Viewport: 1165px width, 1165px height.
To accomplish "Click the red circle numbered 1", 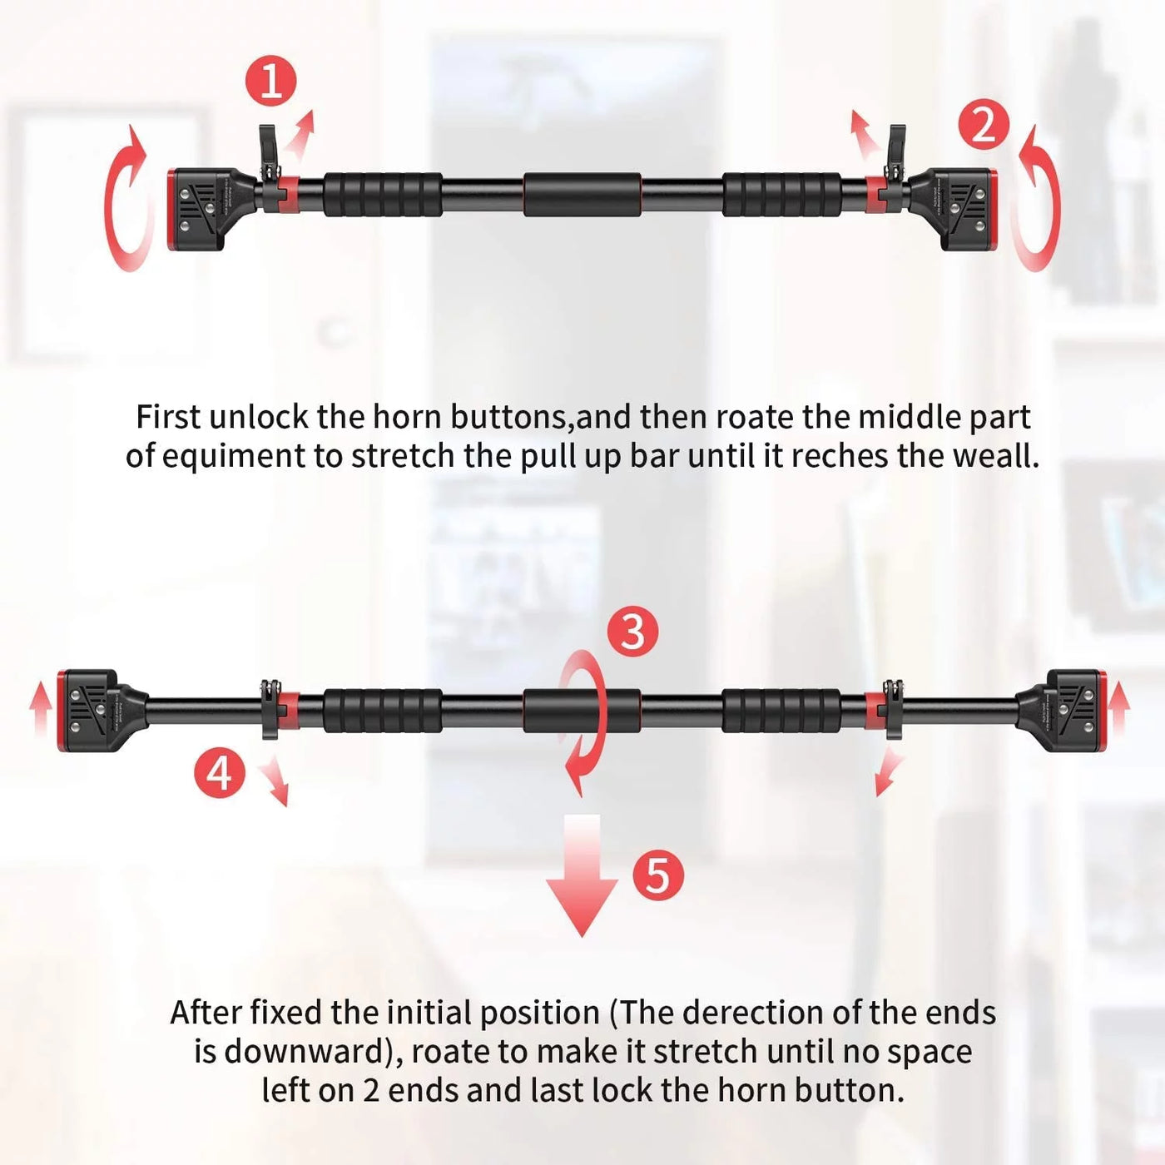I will [x=271, y=82].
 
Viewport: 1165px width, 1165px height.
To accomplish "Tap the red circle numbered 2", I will [x=984, y=126].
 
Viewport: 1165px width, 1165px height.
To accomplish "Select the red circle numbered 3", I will [x=632, y=632].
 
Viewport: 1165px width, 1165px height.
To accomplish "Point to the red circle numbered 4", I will [x=219, y=772].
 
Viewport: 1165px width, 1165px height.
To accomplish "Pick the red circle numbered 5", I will [x=657, y=875].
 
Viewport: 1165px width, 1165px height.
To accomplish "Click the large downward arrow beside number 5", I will [x=582, y=874].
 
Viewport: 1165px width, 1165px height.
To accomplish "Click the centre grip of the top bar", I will [x=582, y=194].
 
